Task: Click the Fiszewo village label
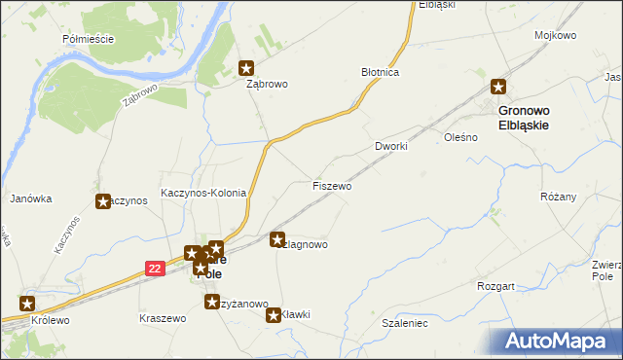point(332,186)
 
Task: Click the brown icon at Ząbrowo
point(246,68)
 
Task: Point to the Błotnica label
point(381,73)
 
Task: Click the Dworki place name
point(390,146)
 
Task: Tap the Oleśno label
point(459,138)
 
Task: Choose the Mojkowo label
point(555,35)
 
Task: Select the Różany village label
point(559,197)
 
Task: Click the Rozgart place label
point(495,287)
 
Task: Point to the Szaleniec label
point(404,322)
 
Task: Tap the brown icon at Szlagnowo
point(277,238)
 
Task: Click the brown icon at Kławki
point(274,314)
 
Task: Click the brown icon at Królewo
point(26,303)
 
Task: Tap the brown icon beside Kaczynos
point(103,201)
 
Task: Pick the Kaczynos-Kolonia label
point(203,194)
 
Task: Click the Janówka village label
point(30,198)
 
